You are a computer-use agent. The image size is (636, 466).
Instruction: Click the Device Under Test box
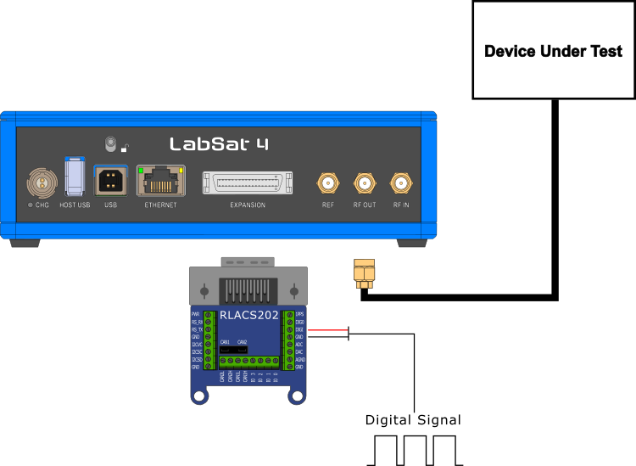click(x=553, y=50)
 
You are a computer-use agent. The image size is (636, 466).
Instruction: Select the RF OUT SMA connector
click(x=364, y=182)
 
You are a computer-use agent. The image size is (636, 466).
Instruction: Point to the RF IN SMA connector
click(x=400, y=182)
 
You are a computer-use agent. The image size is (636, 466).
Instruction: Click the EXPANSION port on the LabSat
click(x=247, y=182)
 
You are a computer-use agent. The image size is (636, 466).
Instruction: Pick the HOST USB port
click(x=75, y=177)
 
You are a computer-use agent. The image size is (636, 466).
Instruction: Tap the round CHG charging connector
click(x=39, y=182)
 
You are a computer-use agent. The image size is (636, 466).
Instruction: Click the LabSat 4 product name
click(x=219, y=143)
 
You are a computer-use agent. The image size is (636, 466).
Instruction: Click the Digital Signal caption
click(x=413, y=420)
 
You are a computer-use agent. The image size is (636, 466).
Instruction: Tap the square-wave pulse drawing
click(x=416, y=451)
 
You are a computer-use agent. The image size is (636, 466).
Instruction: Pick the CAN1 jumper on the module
click(x=226, y=348)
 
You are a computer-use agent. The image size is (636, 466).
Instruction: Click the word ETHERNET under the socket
click(x=160, y=205)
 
